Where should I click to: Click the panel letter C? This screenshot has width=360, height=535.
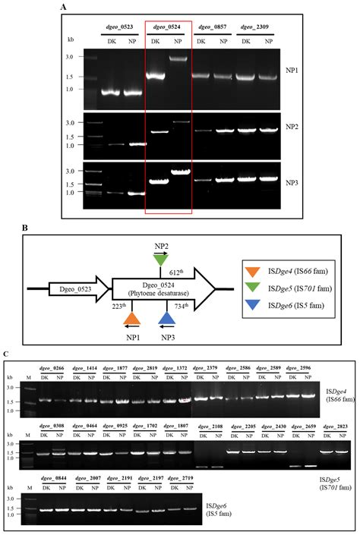click(x=6, y=354)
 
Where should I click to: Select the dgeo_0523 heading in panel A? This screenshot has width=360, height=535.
click(x=118, y=27)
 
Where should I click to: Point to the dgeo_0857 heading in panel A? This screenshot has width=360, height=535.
click(x=210, y=27)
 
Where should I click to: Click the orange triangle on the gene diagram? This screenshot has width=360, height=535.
click(x=131, y=319)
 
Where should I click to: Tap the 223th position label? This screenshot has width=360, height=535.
click(x=118, y=305)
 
